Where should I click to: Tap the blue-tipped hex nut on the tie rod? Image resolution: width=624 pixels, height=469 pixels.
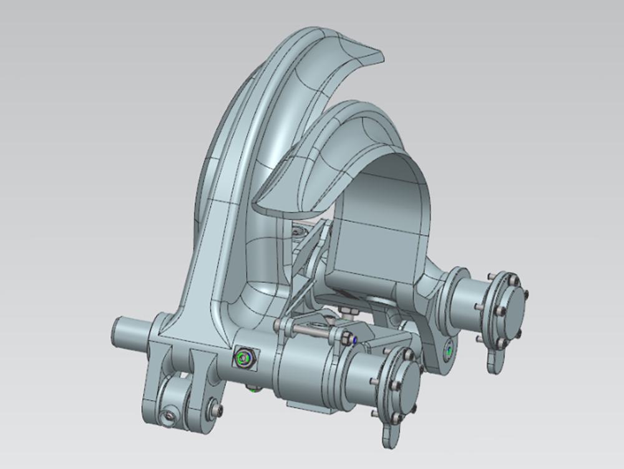pos(354,340)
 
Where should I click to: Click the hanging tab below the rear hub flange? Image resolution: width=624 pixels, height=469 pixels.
pos(494,362)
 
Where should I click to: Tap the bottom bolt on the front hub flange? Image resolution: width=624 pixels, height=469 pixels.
pos(397,417)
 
